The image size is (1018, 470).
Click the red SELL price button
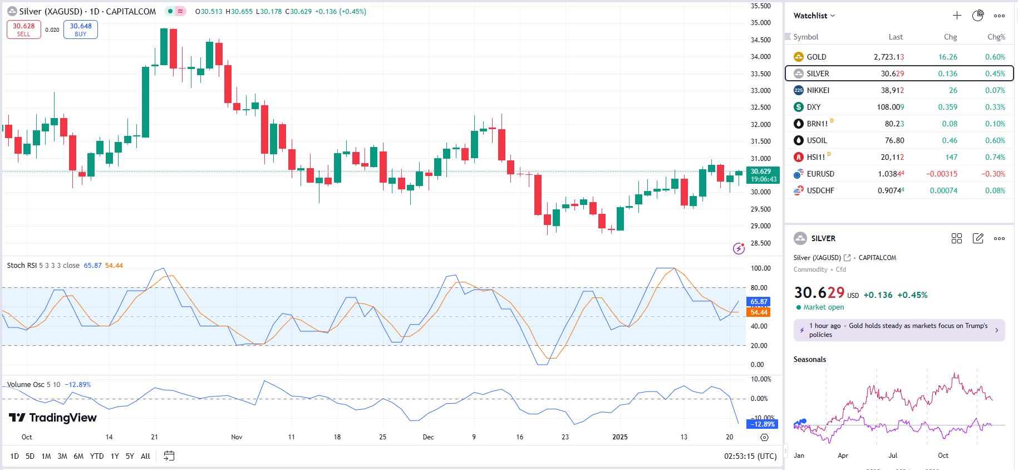tap(24, 30)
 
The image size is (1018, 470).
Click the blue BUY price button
tap(81, 30)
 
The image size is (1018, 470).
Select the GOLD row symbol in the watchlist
tap(816, 57)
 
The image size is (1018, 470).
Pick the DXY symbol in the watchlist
tap(813, 107)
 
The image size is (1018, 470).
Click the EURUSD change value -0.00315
tap(942, 174)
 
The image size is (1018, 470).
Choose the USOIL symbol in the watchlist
tap(817, 140)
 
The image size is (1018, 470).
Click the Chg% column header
tap(996, 37)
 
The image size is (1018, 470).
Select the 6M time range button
tap(78, 456)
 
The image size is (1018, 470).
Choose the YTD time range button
tap(97, 456)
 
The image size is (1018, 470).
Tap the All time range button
tap(145, 456)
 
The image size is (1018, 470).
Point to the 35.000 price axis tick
tap(760, 23)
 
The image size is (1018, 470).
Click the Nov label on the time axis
tap(237, 437)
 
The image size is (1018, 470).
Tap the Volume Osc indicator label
tap(26, 385)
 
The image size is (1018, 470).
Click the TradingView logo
tap(53, 418)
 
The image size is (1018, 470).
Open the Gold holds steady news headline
tap(898, 330)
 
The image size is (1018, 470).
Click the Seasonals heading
tap(809, 359)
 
